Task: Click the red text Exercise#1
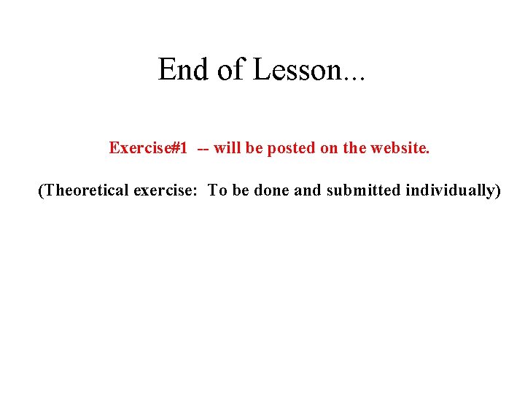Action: pos(148,148)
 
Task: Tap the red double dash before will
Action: pos(201,148)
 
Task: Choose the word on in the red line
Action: pos(329,148)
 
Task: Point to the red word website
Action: pos(400,148)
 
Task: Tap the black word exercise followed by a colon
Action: pos(167,190)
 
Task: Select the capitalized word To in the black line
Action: pos(217,190)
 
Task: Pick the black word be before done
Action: pos(241,190)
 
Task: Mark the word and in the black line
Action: pos(309,190)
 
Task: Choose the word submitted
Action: pos(363,190)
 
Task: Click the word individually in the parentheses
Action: pos(452,190)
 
